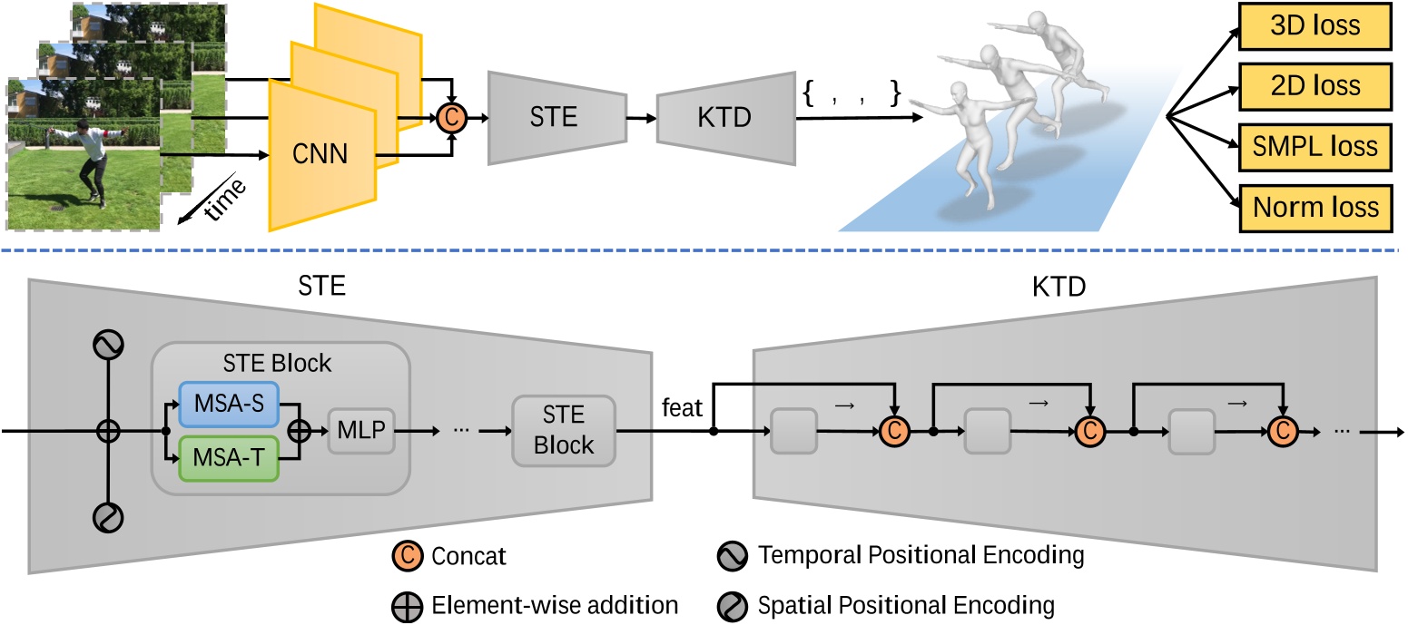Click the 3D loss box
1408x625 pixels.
tap(1314, 25)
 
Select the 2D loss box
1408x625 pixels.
tap(1314, 85)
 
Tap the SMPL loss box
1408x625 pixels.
tap(1314, 145)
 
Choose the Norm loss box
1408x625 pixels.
tap(1314, 206)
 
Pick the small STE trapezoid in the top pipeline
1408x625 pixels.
tap(555, 119)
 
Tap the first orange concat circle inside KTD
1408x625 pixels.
tap(894, 432)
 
